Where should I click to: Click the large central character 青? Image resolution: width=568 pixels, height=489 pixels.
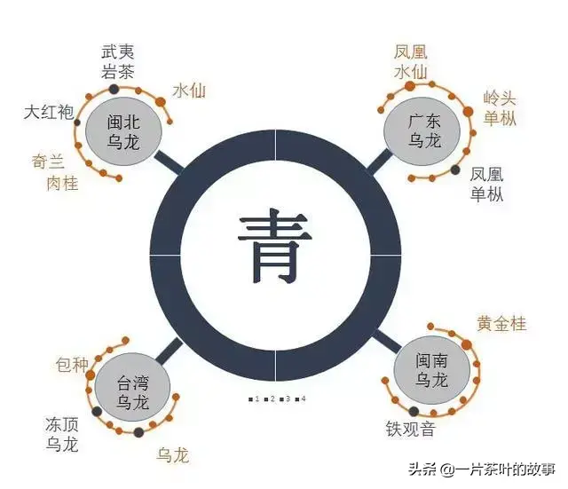(274, 247)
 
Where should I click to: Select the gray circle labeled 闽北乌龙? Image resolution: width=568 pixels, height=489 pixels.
(123, 131)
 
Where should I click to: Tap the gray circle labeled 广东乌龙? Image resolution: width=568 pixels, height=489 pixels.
(422, 131)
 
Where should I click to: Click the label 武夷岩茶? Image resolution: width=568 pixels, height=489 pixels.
(118, 61)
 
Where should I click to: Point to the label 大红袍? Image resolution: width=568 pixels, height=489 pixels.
(49, 112)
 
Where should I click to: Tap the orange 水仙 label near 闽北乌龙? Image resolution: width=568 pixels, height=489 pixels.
(189, 91)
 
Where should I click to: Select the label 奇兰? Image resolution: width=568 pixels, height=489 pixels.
(49, 162)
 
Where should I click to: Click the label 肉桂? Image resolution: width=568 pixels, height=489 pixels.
(63, 184)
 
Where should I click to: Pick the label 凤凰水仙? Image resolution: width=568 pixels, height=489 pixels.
(410, 62)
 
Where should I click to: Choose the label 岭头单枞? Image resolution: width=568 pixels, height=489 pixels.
(500, 108)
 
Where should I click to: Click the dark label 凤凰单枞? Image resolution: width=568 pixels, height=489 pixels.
(486, 184)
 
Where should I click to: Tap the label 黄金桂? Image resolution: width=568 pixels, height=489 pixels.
(501, 323)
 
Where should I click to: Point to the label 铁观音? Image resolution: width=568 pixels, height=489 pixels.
(410, 429)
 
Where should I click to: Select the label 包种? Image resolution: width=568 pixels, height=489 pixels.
(72, 365)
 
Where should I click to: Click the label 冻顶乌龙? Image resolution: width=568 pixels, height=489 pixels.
(62, 434)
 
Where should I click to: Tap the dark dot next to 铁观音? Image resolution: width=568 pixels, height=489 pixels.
(414, 412)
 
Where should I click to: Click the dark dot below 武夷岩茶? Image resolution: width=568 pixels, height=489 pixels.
(114, 89)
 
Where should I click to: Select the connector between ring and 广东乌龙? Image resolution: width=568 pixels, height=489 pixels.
(380, 161)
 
